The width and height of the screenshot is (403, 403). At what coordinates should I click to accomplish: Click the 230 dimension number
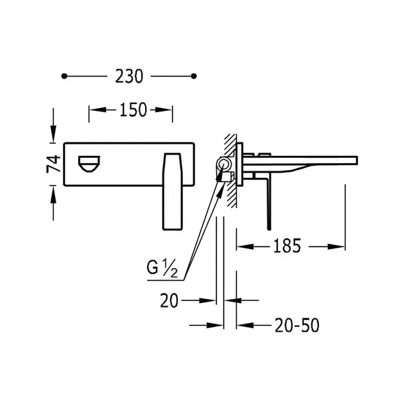click(x=129, y=77)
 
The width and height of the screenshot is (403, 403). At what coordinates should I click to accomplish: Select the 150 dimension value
click(x=133, y=109)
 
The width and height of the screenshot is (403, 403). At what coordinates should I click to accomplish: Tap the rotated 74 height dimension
click(x=54, y=164)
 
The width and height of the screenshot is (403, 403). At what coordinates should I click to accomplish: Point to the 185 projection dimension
click(x=287, y=246)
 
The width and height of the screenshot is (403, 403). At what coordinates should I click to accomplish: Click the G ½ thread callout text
click(x=162, y=269)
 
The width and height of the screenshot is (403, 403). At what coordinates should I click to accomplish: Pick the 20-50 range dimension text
click(x=297, y=325)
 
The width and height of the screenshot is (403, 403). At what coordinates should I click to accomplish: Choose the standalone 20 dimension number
click(x=169, y=300)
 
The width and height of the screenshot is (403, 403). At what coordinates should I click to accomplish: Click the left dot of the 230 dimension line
click(x=64, y=76)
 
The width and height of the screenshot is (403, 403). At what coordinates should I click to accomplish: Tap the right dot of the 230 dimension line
click(x=194, y=76)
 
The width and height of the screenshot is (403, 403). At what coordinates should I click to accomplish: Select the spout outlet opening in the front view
click(x=89, y=164)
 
